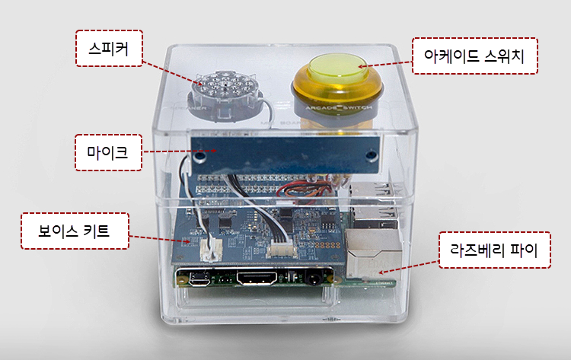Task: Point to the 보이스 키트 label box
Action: [x=74, y=231]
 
